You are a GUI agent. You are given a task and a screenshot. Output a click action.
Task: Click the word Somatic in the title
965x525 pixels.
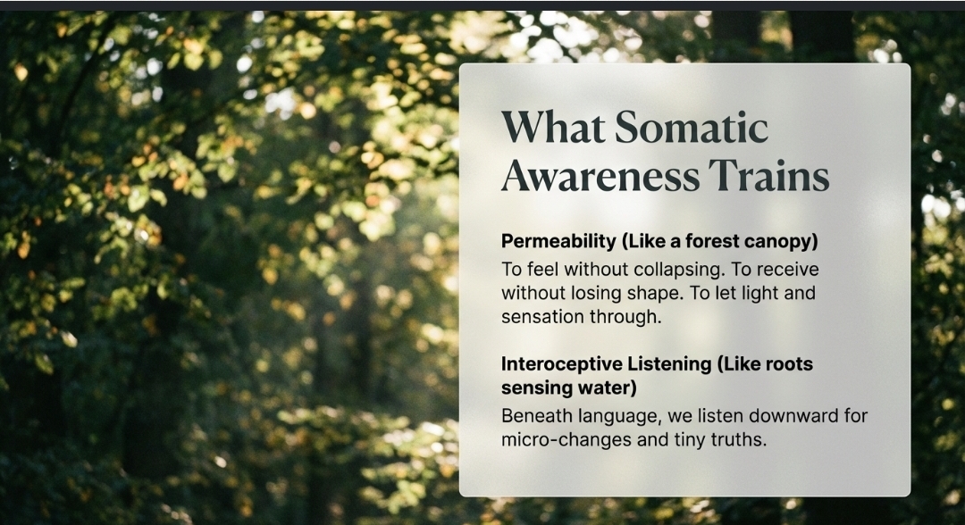pyautogui.click(x=691, y=127)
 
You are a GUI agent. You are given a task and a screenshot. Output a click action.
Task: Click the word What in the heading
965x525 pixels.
pyautogui.click(x=553, y=127)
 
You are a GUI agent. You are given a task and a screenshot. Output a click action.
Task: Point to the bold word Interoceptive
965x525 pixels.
pyautogui.click(x=560, y=364)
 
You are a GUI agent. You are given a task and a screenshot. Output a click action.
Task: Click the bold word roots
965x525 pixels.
pyautogui.click(x=790, y=364)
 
